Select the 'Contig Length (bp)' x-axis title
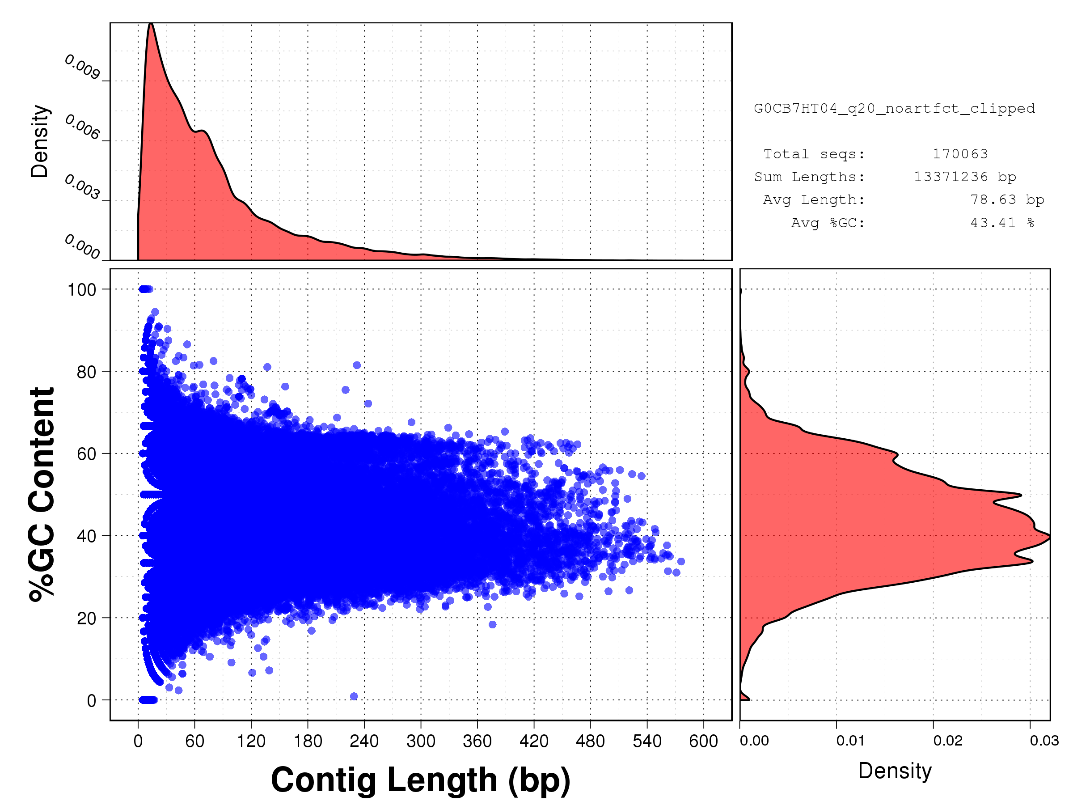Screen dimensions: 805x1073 pyautogui.click(x=420, y=780)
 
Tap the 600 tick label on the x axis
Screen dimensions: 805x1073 pyautogui.click(x=703, y=741)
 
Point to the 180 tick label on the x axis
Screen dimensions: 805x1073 pyautogui.click(x=308, y=741)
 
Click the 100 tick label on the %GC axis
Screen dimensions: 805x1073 pyautogui.click(x=81, y=290)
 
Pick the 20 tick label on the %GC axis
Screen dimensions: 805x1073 pyautogui.click(x=86, y=619)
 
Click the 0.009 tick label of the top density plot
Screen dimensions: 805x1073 pyautogui.click(x=82, y=67)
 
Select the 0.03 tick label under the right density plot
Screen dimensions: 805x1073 pyautogui.click(x=1044, y=741)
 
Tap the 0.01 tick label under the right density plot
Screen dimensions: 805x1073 pyautogui.click(x=850, y=741)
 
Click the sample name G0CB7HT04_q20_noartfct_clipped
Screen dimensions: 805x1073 pyautogui.click(x=894, y=108)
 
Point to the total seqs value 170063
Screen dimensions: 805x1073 pyautogui.click(x=960, y=154)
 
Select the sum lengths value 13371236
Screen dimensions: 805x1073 pyautogui.click(x=951, y=177)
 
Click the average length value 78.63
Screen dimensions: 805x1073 pyautogui.click(x=993, y=199)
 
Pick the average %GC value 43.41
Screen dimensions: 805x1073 pyautogui.click(x=993, y=223)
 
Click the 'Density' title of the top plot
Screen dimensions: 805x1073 pyautogui.click(x=40, y=141)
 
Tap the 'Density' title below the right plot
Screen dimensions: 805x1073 pyautogui.click(x=895, y=771)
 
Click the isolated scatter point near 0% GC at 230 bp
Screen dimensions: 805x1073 pyautogui.click(x=354, y=696)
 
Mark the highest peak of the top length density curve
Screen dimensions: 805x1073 pyautogui.click(x=151, y=24)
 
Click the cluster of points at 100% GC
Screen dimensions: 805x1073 pyautogui.click(x=145, y=289)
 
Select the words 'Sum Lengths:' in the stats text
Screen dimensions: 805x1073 pyautogui.click(x=809, y=177)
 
